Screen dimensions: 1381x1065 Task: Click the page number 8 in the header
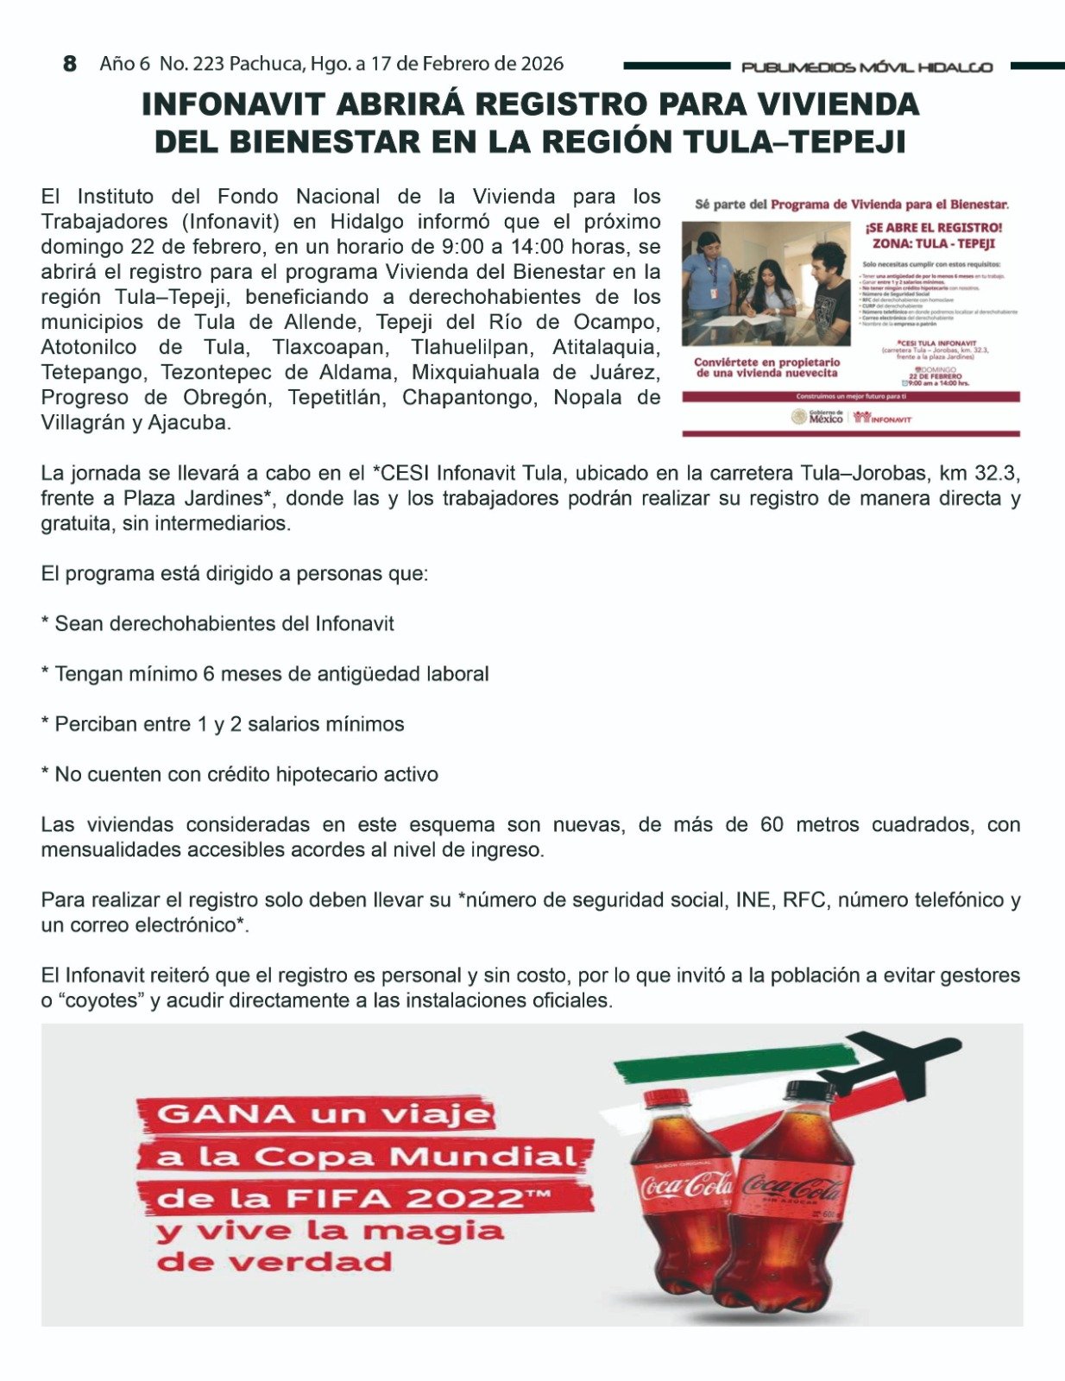[70, 64]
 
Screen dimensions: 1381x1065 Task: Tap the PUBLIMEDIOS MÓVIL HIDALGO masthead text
[866, 67]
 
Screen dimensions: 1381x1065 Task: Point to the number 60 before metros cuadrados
[771, 824]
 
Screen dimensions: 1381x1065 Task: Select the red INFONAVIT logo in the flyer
[882, 418]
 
